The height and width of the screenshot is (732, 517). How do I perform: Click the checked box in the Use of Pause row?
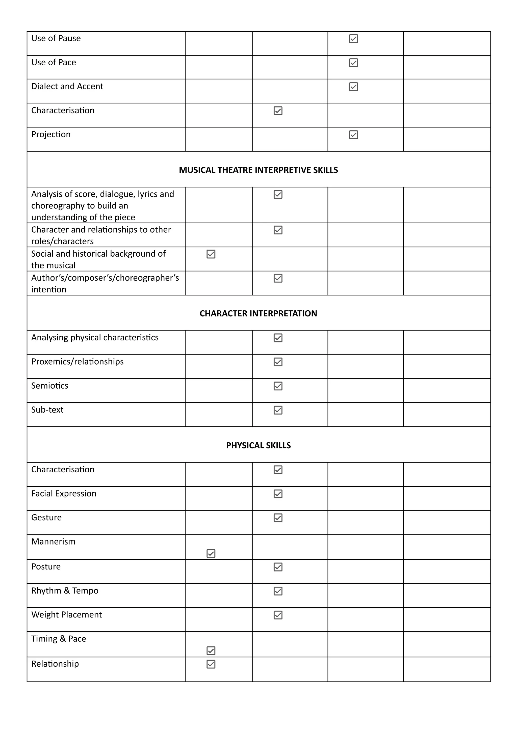tap(353, 39)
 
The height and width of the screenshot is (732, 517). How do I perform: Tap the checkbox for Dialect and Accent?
tap(353, 87)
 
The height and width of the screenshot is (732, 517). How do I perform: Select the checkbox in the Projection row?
tap(353, 134)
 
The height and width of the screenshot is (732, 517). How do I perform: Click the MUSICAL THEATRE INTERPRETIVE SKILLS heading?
tap(258, 170)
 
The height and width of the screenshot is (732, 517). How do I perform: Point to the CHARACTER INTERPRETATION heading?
tap(258, 313)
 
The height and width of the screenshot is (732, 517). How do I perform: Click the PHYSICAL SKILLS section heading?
tap(258, 445)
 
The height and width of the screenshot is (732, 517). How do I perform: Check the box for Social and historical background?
tap(211, 254)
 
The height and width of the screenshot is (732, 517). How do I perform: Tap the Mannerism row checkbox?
tap(211, 553)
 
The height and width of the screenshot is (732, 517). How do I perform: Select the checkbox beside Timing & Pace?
tap(211, 650)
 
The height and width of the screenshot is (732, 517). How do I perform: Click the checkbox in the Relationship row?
tap(211, 664)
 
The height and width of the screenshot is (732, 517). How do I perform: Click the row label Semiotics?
tap(50, 386)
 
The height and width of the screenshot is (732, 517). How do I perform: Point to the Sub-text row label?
tap(47, 410)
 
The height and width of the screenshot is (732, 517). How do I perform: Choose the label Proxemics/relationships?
tap(77, 362)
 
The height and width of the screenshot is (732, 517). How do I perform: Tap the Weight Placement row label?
tap(66, 615)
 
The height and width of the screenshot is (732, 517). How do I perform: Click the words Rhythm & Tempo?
tap(65, 590)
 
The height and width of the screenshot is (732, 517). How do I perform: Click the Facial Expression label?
tap(64, 494)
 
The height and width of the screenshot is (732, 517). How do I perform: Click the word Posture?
tap(46, 566)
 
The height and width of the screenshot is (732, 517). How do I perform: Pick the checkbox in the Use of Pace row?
tap(353, 63)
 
